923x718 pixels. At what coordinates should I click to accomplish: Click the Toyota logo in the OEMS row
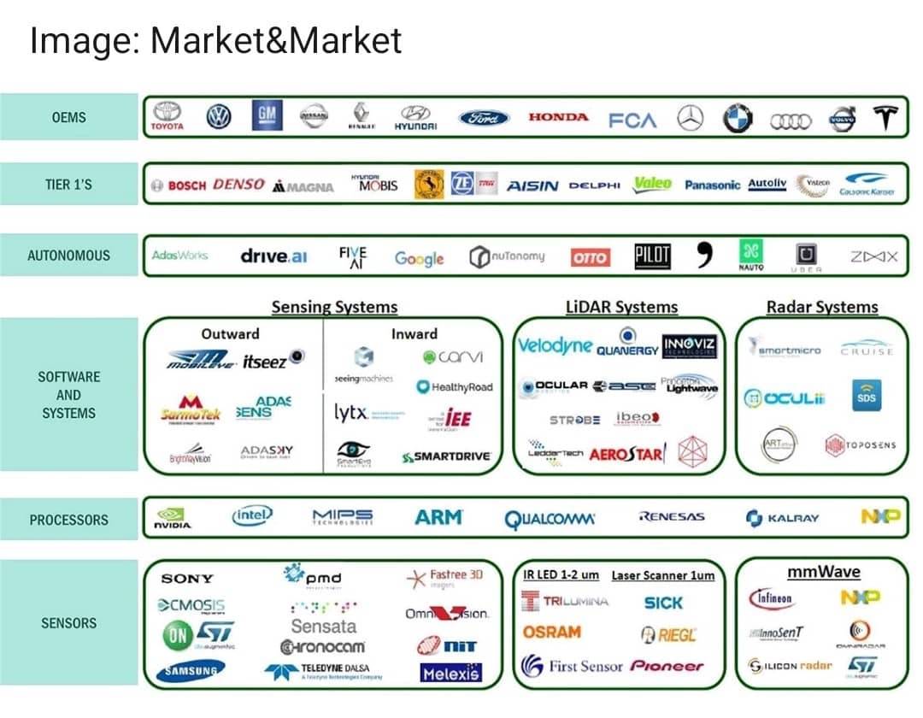167,117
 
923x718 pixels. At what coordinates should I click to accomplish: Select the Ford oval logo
484,118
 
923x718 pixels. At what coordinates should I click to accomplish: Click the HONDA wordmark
558,117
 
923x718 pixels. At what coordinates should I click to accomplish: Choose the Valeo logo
652,184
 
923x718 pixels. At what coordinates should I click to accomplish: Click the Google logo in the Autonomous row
419,257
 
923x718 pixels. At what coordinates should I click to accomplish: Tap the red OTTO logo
590,256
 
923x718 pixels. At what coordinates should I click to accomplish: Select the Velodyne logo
555,345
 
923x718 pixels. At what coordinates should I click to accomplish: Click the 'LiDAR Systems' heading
621,307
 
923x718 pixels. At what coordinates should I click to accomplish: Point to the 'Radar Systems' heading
822,307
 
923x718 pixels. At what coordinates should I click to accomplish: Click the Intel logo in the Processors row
252,515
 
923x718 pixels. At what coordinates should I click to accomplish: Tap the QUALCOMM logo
550,519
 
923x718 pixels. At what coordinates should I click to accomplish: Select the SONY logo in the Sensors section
187,579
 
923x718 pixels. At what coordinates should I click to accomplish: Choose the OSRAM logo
551,633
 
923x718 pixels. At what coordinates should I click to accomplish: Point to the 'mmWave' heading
823,572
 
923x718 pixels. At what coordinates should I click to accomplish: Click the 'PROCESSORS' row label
69,520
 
